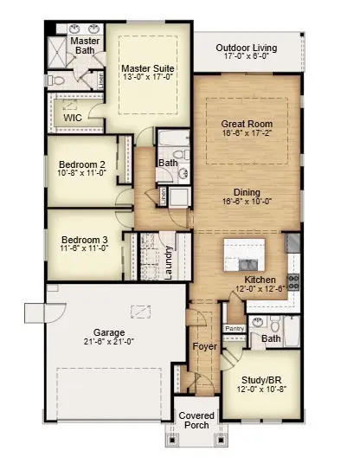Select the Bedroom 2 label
(x=82, y=164)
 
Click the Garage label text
(x=110, y=332)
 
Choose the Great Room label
(x=247, y=124)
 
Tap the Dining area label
(x=247, y=192)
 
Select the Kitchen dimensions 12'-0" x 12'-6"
(x=261, y=292)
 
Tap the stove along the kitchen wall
(x=292, y=280)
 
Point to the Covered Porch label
(x=196, y=422)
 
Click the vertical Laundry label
(x=169, y=262)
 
